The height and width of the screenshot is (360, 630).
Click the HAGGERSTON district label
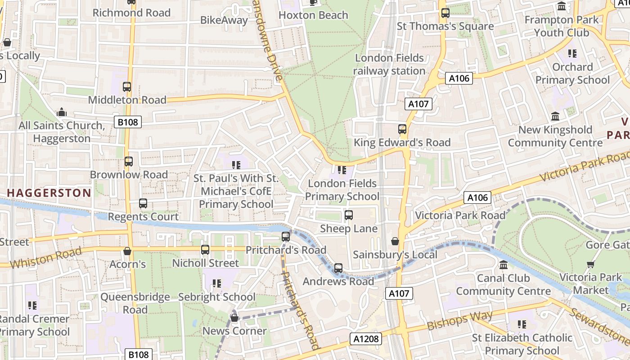(49, 193)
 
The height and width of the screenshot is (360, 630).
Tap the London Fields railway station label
(389, 64)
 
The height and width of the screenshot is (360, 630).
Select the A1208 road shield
(366, 339)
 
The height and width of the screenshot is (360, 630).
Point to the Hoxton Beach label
(313, 15)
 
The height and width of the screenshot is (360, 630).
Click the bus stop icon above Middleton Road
(127, 87)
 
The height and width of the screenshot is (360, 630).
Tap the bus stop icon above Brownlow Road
(129, 162)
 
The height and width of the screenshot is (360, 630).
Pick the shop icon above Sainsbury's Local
(395, 242)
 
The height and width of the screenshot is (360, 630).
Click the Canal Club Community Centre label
(503, 284)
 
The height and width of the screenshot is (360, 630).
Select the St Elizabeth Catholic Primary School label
(522, 344)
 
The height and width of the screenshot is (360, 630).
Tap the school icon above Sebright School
(217, 283)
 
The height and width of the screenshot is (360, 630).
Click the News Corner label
(234, 331)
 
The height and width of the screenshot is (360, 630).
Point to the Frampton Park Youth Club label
(562, 26)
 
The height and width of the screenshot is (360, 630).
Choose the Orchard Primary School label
(572, 73)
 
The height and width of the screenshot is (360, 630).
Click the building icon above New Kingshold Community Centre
(555, 117)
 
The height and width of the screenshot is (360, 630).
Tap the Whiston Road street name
(46, 258)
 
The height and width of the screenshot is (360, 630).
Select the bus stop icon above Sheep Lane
(349, 215)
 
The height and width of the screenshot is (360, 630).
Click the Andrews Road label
(338, 281)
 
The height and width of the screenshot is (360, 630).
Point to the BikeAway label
(224, 20)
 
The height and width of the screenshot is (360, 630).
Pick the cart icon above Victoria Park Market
(590, 264)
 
